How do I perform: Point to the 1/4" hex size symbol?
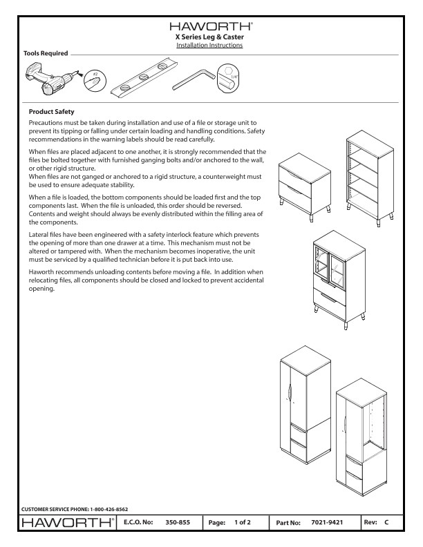point(230,79)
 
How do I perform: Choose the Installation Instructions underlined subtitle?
point(211,45)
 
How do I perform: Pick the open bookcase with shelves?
point(368,173)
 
